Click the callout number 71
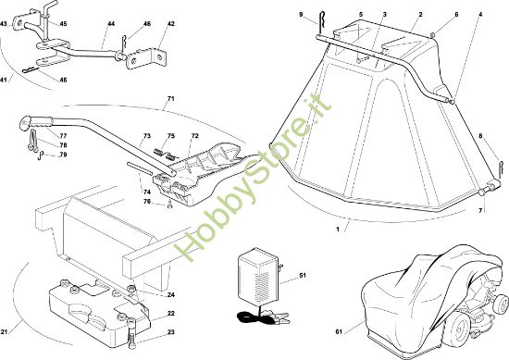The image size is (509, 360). pos(171,99)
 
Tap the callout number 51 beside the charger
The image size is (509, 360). pos(303,276)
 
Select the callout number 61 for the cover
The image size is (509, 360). pos(339,331)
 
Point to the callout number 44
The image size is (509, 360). pos(111,24)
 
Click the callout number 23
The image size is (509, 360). pos(171,332)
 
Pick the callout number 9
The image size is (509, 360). pos(301,15)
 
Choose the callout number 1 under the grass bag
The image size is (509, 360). pos(338,230)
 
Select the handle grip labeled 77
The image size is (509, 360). pos(36,122)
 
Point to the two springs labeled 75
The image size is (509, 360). pos(164,155)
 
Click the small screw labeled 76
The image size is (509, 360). pos(169,205)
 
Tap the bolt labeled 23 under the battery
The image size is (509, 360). pos(131,334)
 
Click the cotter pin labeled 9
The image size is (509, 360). pos(321,22)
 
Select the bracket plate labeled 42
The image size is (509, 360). pos(146,58)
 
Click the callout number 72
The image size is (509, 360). pos(194,136)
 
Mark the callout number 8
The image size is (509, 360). pos(480,136)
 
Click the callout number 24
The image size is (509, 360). pos(171,294)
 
